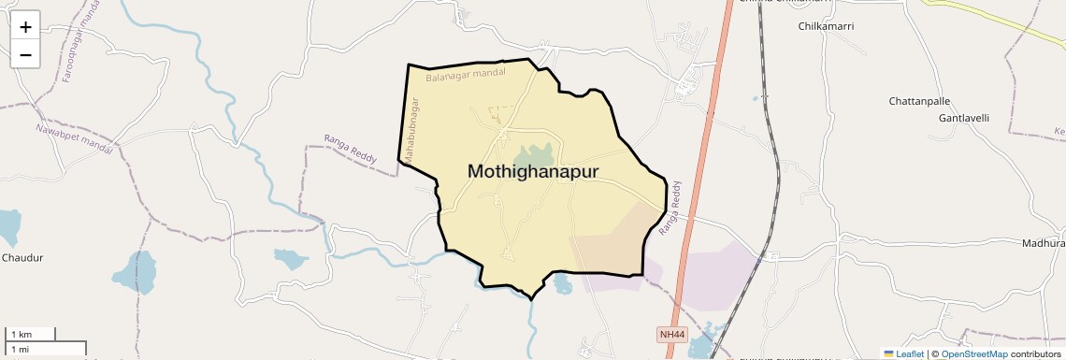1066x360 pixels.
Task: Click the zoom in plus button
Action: [x=25, y=27]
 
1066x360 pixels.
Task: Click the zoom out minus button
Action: [x=25, y=54]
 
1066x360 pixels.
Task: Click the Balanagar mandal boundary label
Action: [x=466, y=73]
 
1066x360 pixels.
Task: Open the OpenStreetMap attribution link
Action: [x=973, y=353]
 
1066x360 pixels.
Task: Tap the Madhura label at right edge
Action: [x=1044, y=243]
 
